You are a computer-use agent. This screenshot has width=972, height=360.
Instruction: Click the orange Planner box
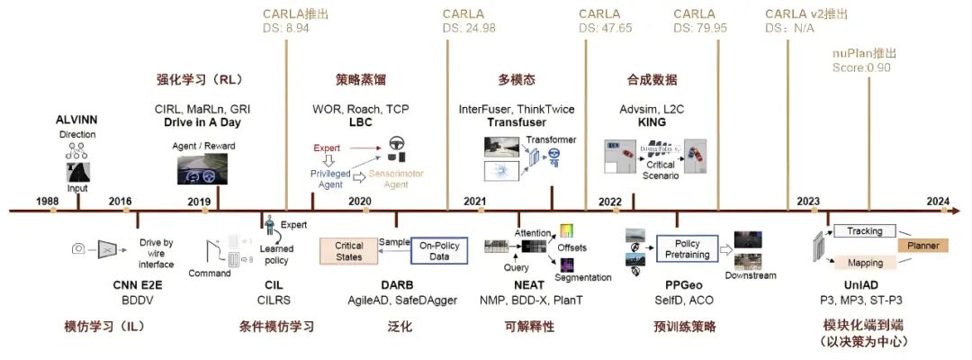[922, 244]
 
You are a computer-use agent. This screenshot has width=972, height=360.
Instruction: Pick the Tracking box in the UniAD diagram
[865, 231]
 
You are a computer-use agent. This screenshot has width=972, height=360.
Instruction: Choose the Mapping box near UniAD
[865, 263]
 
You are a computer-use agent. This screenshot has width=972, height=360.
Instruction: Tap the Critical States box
[348, 251]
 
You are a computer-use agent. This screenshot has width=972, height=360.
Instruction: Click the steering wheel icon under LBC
[395, 142]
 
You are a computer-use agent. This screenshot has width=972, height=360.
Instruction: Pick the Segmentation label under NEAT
[583, 277]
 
